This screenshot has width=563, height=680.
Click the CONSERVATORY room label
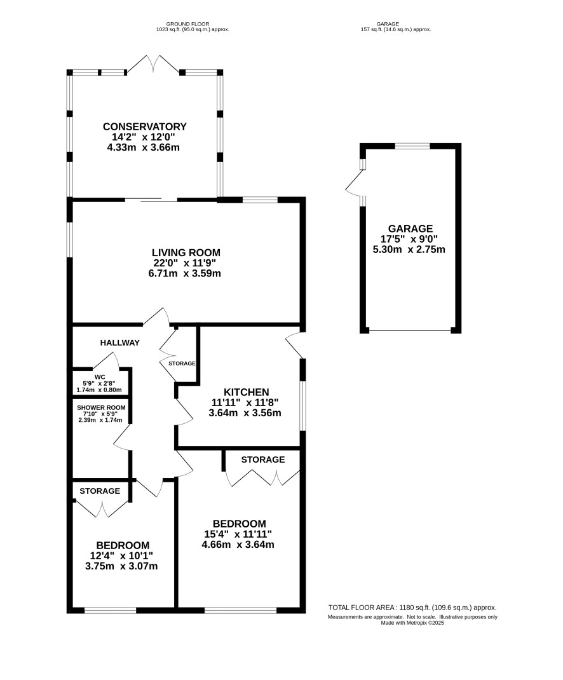click(x=144, y=126)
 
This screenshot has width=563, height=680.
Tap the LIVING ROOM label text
click(x=186, y=252)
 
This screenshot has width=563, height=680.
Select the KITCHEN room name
click(x=247, y=392)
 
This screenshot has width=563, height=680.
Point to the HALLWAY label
click(x=119, y=343)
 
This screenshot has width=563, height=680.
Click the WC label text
click(x=100, y=377)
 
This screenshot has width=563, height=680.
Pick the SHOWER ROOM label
click(x=101, y=407)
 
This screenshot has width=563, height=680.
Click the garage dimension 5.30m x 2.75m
click(x=409, y=249)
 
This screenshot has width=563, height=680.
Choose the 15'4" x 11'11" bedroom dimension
click(x=238, y=534)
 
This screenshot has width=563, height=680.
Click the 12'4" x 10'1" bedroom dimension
click(x=121, y=555)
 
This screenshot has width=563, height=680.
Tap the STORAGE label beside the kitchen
click(x=182, y=364)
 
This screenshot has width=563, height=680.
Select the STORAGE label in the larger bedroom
click(x=263, y=459)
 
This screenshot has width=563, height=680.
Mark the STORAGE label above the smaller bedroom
click(x=100, y=491)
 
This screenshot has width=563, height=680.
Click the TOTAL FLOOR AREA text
click(x=412, y=608)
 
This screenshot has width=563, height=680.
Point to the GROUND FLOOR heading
click(x=188, y=24)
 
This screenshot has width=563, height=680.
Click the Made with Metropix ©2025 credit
click(x=412, y=623)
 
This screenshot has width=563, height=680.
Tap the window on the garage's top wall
click(x=412, y=146)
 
